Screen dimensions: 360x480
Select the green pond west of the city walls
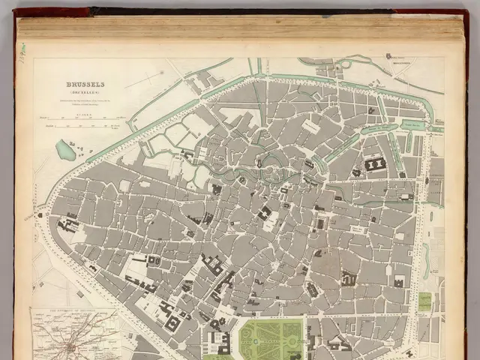click(66, 150)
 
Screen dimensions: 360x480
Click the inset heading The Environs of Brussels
click(73, 310)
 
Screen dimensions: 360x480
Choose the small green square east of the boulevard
click(424, 301)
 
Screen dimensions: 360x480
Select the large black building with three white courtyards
click(375, 163)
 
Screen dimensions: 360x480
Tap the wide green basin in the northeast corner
click(413, 124)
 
